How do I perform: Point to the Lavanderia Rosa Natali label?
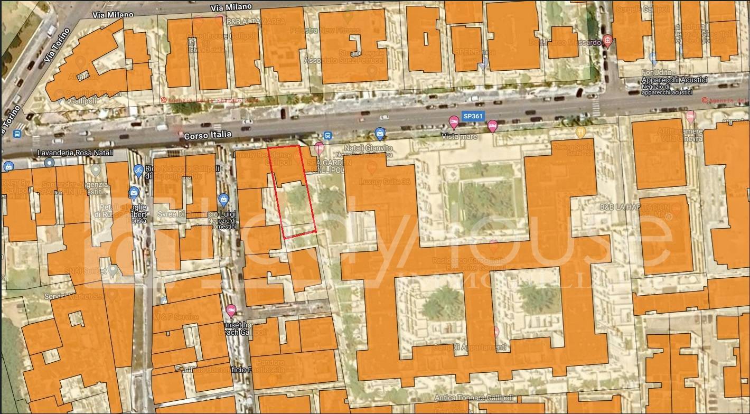(75, 153)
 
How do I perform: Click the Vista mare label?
(459, 136)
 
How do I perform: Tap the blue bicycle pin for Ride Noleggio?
(138, 170)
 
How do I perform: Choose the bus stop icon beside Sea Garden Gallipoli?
(327, 136)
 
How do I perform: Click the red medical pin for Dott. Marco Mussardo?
(608, 41)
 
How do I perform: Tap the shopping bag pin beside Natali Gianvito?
(379, 133)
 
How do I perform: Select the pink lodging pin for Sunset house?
(230, 310)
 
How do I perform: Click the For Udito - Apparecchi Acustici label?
(673, 80)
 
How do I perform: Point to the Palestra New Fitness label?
(346, 31)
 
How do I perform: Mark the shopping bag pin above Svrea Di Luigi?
(223, 200)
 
